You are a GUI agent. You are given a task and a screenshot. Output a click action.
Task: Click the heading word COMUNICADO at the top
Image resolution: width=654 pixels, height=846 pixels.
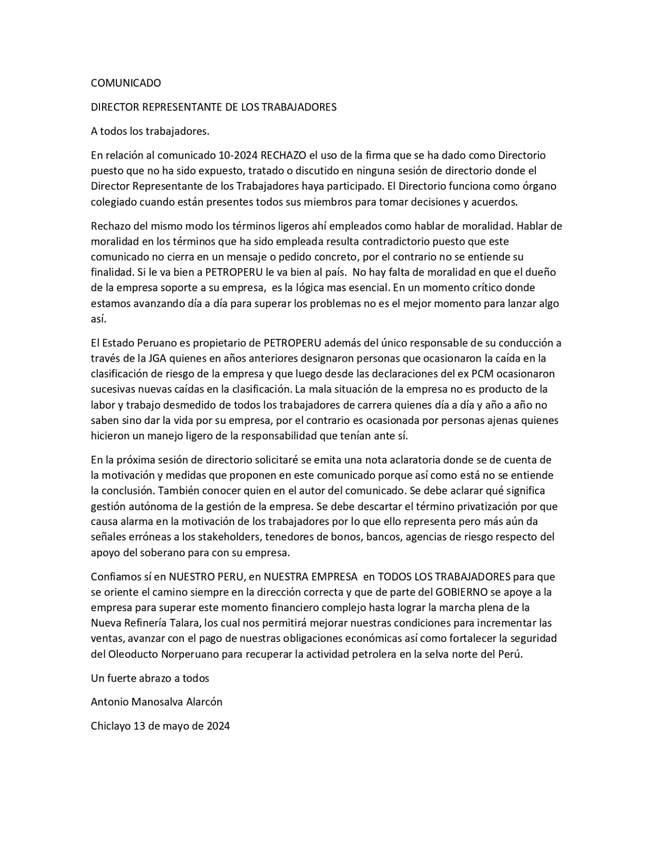tap(126, 83)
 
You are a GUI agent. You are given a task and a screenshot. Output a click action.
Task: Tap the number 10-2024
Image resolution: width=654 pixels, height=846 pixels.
tap(238, 155)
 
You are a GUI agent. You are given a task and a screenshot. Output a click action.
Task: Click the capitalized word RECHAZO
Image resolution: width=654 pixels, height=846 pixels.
tap(284, 155)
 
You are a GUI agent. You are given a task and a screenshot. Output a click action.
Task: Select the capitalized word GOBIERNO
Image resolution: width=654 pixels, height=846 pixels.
tap(464, 592)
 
